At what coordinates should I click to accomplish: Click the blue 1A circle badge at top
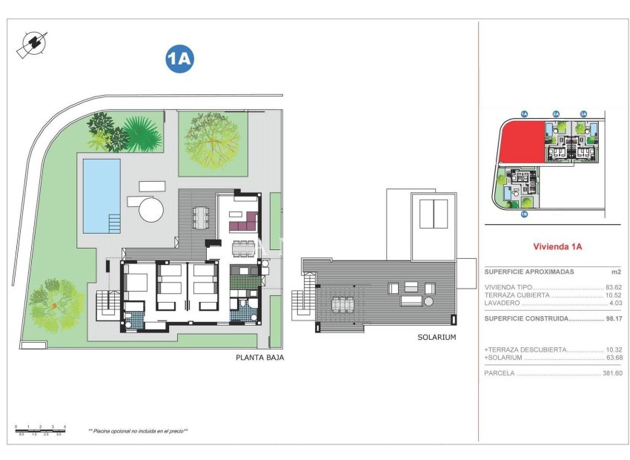179,60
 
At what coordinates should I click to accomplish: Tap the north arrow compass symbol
32,44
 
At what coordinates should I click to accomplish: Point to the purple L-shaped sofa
242,222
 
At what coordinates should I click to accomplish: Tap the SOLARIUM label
436,337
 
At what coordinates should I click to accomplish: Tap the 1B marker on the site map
524,214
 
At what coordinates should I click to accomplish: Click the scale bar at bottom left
40,429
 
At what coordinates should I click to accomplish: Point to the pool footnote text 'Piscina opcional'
138,430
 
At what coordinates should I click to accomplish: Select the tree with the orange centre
56,303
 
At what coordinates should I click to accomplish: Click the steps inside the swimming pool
113,223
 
